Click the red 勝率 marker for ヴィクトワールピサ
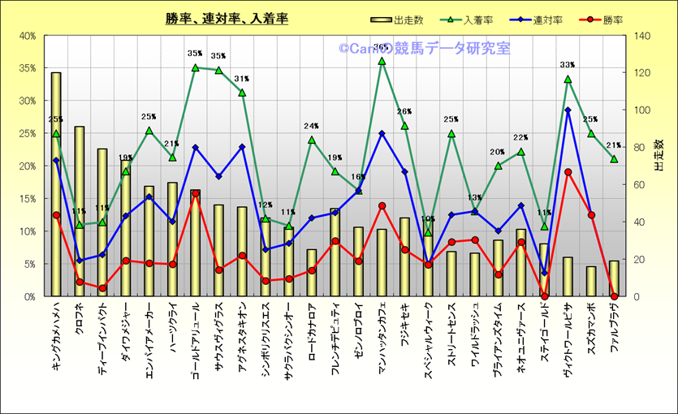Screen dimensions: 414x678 [568, 172]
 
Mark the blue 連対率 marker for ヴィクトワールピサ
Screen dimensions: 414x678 [568, 110]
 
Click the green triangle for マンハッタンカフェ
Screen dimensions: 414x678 [382, 61]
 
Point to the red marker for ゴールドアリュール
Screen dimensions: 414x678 [196, 194]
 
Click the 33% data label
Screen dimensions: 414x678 [568, 65]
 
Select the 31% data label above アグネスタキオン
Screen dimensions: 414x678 [242, 79]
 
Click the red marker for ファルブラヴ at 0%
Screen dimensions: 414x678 [615, 296]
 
